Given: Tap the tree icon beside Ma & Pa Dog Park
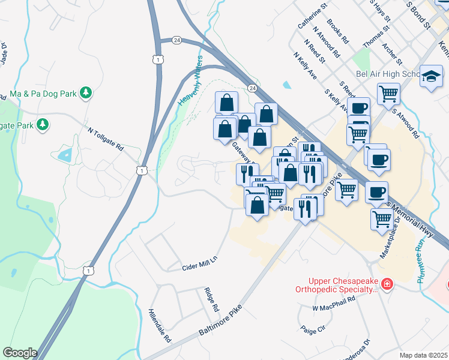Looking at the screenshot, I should click(x=86, y=93).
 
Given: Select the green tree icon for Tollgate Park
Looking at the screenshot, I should click(x=43, y=125).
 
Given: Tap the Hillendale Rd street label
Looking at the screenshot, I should click(x=160, y=326).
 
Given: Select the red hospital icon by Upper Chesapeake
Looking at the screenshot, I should click(x=387, y=283).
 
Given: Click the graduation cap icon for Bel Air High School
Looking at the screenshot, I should click(x=430, y=76).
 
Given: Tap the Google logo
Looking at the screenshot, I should click(x=20, y=353).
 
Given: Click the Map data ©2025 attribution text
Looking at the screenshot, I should click(x=423, y=355).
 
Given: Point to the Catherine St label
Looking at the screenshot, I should click(x=312, y=16).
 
